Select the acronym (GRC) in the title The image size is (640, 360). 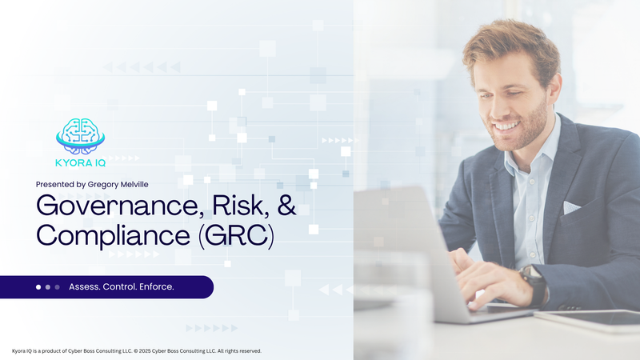pos(233,236)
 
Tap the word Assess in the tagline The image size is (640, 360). pos(85,286)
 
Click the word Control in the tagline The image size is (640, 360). pos(119,286)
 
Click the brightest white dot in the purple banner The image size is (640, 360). pos(38,286)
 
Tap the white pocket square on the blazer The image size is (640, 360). pos(571,207)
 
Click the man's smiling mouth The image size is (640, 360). pos(506,125)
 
